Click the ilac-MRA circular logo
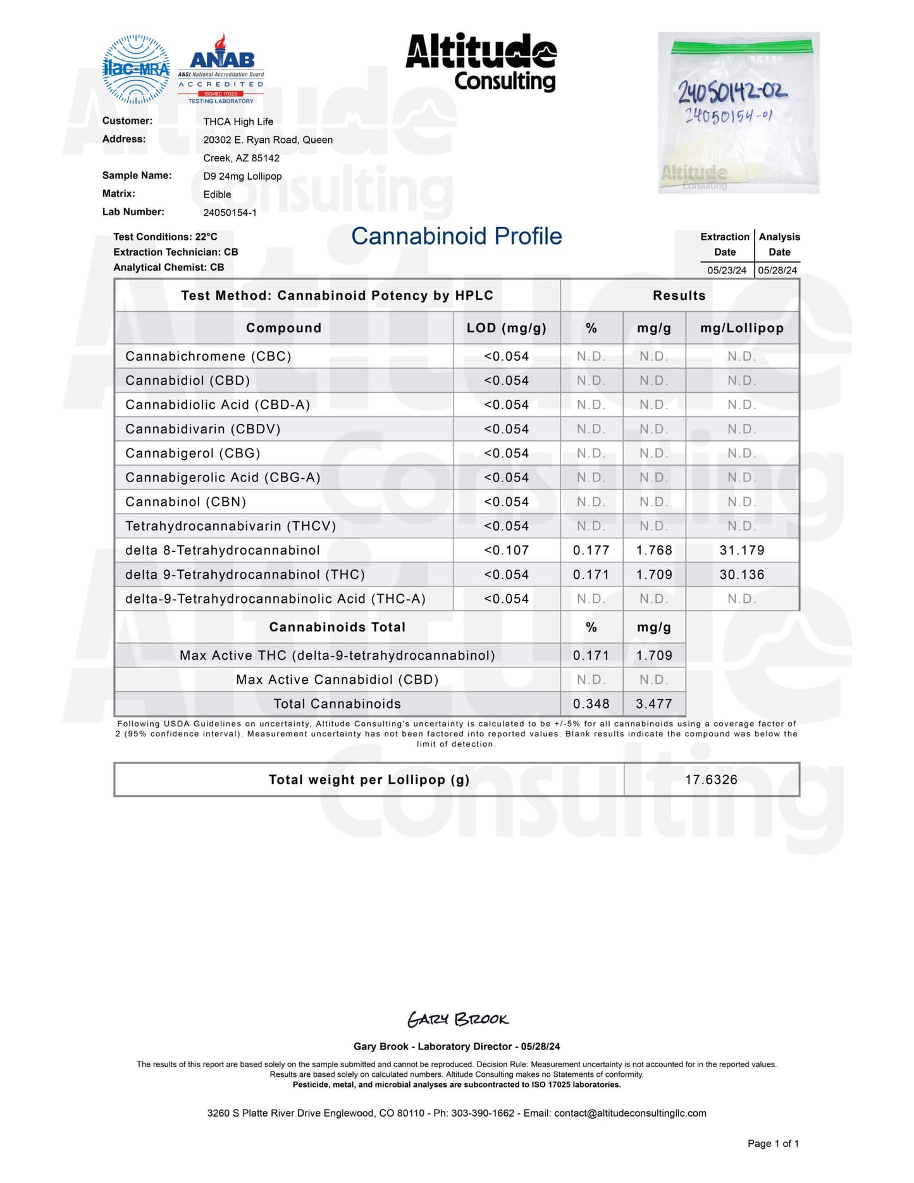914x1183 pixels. [x=136, y=69]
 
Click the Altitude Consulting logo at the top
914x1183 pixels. [x=481, y=62]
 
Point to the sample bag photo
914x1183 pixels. [x=738, y=113]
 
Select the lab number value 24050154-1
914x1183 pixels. [x=230, y=213]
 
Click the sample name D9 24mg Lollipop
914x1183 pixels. [x=242, y=176]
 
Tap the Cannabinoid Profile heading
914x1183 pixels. [x=456, y=236]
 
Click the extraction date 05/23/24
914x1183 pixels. [x=726, y=270]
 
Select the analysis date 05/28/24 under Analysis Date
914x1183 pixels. [x=777, y=270]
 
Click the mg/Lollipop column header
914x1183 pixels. [x=741, y=328]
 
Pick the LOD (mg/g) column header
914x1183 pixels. [x=506, y=328]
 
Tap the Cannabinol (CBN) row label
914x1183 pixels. [x=185, y=502]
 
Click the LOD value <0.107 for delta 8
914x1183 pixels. [x=506, y=550]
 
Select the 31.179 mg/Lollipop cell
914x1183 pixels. [x=741, y=550]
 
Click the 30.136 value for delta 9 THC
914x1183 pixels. [x=741, y=574]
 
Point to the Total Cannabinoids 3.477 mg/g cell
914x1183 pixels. [x=653, y=703]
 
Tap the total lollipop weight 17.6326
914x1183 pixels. [x=711, y=779]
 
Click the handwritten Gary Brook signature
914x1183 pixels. [x=457, y=1019]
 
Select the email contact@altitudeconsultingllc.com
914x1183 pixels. [x=630, y=1113]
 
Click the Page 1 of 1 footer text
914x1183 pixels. [x=773, y=1143]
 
